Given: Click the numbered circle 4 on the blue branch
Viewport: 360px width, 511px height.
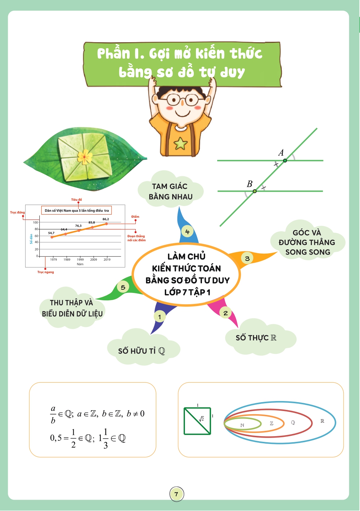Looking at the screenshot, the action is pos(187,232).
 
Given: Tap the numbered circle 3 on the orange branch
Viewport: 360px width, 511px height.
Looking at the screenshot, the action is pos(247,259).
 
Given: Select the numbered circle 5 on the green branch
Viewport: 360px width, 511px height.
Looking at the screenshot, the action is pos(123,287).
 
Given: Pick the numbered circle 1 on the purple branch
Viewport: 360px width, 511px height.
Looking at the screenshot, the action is pos(159,317).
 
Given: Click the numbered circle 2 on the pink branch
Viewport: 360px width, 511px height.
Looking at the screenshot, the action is pos(225,313).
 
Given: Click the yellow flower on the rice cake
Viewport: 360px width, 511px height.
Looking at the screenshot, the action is pos(85,157).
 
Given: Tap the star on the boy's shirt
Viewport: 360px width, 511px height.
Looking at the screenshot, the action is pos(181,143).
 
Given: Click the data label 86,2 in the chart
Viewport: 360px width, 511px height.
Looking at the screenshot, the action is pos(106,219).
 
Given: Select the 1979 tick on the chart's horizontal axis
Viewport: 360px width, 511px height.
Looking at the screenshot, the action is pos(54,260).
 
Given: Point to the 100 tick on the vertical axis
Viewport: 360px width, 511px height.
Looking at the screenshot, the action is pos(35,222).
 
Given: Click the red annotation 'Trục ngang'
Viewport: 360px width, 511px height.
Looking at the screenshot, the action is pos(46,272).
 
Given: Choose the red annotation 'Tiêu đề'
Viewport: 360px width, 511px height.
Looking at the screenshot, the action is pos(77,200).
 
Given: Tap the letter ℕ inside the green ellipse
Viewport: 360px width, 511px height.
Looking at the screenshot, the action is pos(242,425).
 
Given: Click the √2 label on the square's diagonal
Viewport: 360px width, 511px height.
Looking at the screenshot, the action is pos(201,419).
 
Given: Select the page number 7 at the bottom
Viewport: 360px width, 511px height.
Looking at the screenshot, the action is pos(176,494).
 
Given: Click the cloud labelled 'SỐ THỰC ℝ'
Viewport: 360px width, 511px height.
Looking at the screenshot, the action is pos(260,337).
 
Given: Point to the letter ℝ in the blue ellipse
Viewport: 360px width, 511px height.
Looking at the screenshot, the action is pos(322,421).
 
